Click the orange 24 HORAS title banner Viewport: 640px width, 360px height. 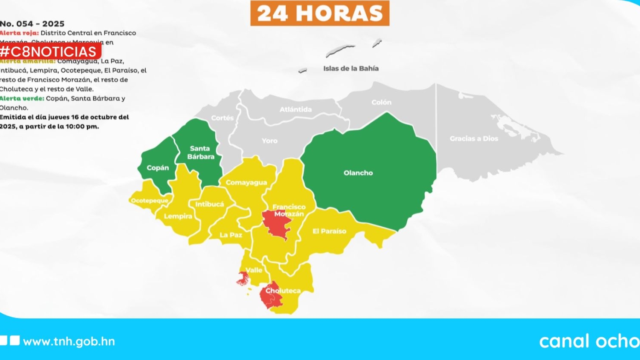(320, 14)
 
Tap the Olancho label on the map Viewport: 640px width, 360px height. (358, 173)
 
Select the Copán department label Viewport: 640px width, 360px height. (158, 168)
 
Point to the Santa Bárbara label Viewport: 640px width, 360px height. (200, 153)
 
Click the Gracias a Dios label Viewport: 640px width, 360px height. (474, 139)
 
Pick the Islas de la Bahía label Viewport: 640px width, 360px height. (350, 69)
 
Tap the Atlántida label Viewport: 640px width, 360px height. (296, 110)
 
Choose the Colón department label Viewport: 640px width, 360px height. (381, 102)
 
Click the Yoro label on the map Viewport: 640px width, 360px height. (270, 141)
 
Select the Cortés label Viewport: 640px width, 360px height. (222, 118)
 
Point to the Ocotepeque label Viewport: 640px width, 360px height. (149, 201)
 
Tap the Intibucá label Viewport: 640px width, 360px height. (210, 204)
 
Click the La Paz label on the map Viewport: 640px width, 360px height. (231, 235)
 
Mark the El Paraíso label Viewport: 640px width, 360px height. (329, 231)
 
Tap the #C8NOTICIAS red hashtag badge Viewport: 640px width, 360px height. (49, 52)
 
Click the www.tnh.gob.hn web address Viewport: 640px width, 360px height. (69, 342)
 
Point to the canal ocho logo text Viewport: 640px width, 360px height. (589, 341)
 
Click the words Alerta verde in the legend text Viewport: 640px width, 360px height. (22, 99)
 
